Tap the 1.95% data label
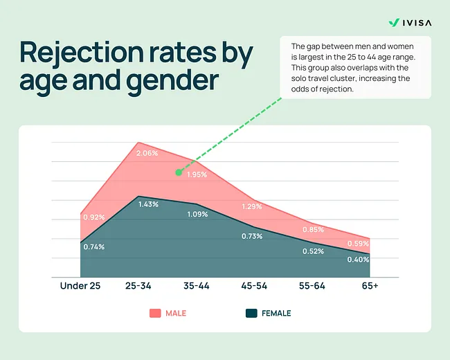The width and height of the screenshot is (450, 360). (197, 175)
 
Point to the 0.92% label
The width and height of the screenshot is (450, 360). (93, 217)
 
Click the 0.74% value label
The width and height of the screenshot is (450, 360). (93, 246)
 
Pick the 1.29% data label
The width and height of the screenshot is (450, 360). (253, 206)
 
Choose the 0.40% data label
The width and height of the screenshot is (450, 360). (358, 260)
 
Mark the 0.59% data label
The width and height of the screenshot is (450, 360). (358, 243)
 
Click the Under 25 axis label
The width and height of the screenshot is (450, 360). (80, 286)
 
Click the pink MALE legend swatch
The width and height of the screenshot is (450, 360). (155, 313)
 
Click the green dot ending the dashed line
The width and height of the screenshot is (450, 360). (178, 172)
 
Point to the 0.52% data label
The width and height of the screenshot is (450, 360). (313, 251)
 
